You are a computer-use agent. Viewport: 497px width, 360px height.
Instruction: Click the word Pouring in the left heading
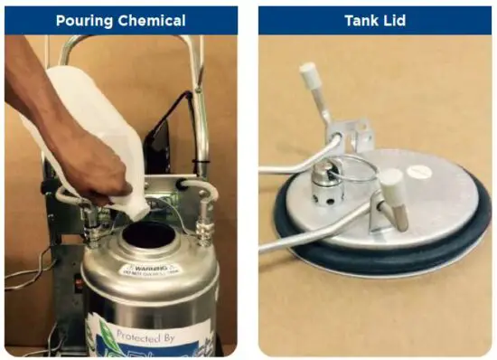[x=84, y=20]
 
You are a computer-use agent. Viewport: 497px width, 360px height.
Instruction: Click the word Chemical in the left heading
[x=155, y=20]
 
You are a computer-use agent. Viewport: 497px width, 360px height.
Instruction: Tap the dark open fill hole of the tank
[x=148, y=237]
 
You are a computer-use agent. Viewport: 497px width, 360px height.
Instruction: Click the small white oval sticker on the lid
[x=418, y=170]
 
